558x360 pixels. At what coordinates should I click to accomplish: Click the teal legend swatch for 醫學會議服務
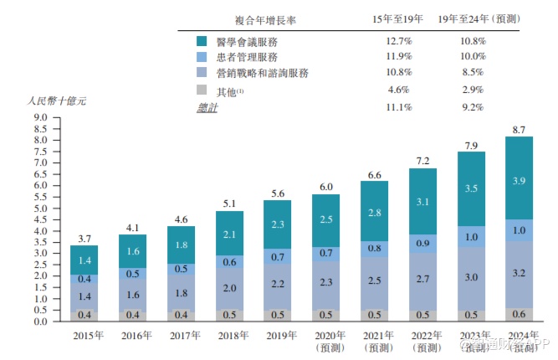pyautogui.click(x=202, y=41)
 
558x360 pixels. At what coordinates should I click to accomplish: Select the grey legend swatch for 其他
pyautogui.click(x=202, y=90)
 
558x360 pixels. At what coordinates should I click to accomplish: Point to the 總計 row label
pyautogui.click(x=205, y=108)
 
